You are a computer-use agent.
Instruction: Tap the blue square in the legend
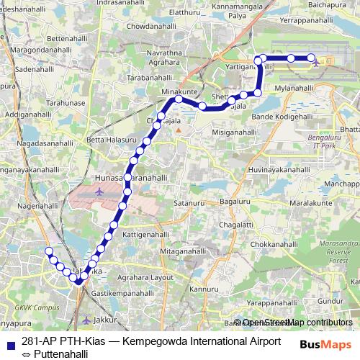tap(8, 342)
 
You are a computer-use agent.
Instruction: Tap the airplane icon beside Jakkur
tap(87, 320)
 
